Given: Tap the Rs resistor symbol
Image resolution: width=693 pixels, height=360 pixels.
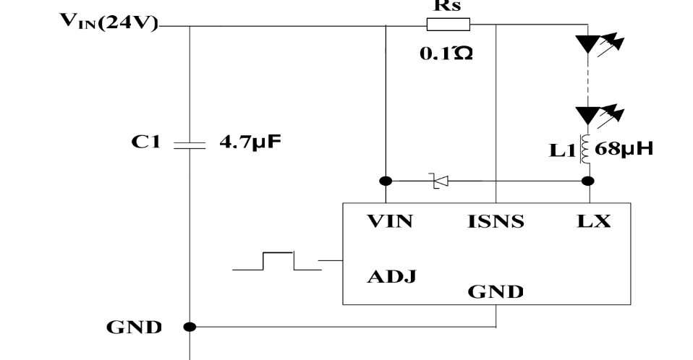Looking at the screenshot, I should (448, 26).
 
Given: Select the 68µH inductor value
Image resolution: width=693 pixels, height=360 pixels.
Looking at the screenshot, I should (624, 150).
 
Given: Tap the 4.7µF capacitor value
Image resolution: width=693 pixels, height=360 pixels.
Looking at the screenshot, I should (250, 143).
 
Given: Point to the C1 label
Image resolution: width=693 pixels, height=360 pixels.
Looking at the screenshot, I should (145, 143).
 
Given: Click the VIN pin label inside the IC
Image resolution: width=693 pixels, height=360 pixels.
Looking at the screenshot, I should (389, 222).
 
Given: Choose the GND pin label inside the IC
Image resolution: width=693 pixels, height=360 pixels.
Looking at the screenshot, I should (496, 292).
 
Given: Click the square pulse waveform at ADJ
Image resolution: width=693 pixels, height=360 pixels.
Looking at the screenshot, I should (278, 261).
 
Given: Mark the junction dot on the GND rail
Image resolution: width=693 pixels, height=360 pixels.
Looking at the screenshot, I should (190, 327).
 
